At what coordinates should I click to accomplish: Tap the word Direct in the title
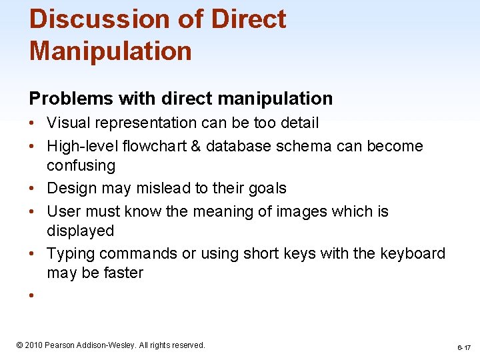[x=249, y=19]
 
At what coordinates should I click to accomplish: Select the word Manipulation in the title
[x=110, y=51]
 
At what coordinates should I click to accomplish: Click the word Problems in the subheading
[x=70, y=99]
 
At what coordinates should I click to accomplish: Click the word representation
[x=147, y=123]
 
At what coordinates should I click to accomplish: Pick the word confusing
[x=81, y=165]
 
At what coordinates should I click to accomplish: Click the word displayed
[x=80, y=231]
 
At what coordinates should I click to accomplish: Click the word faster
[x=121, y=273]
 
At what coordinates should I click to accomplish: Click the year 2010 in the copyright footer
[x=33, y=345]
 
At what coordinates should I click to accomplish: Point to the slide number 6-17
[x=463, y=348]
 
